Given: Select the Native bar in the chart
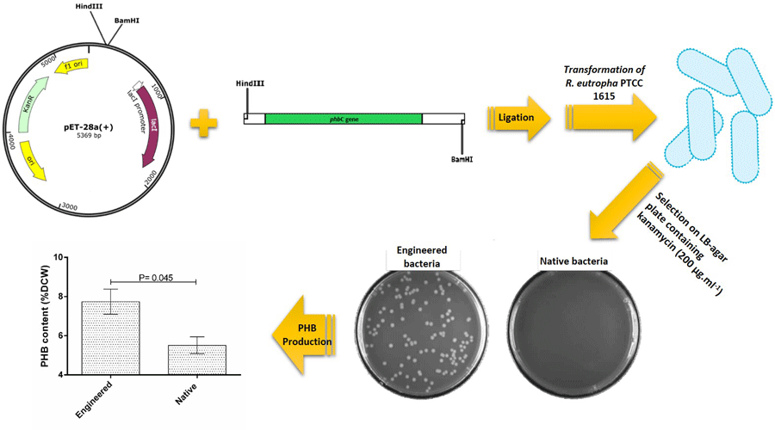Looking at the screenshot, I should click(197, 359).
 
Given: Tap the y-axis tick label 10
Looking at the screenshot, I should click(58, 256).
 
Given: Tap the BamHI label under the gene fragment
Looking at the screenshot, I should click(464, 158).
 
